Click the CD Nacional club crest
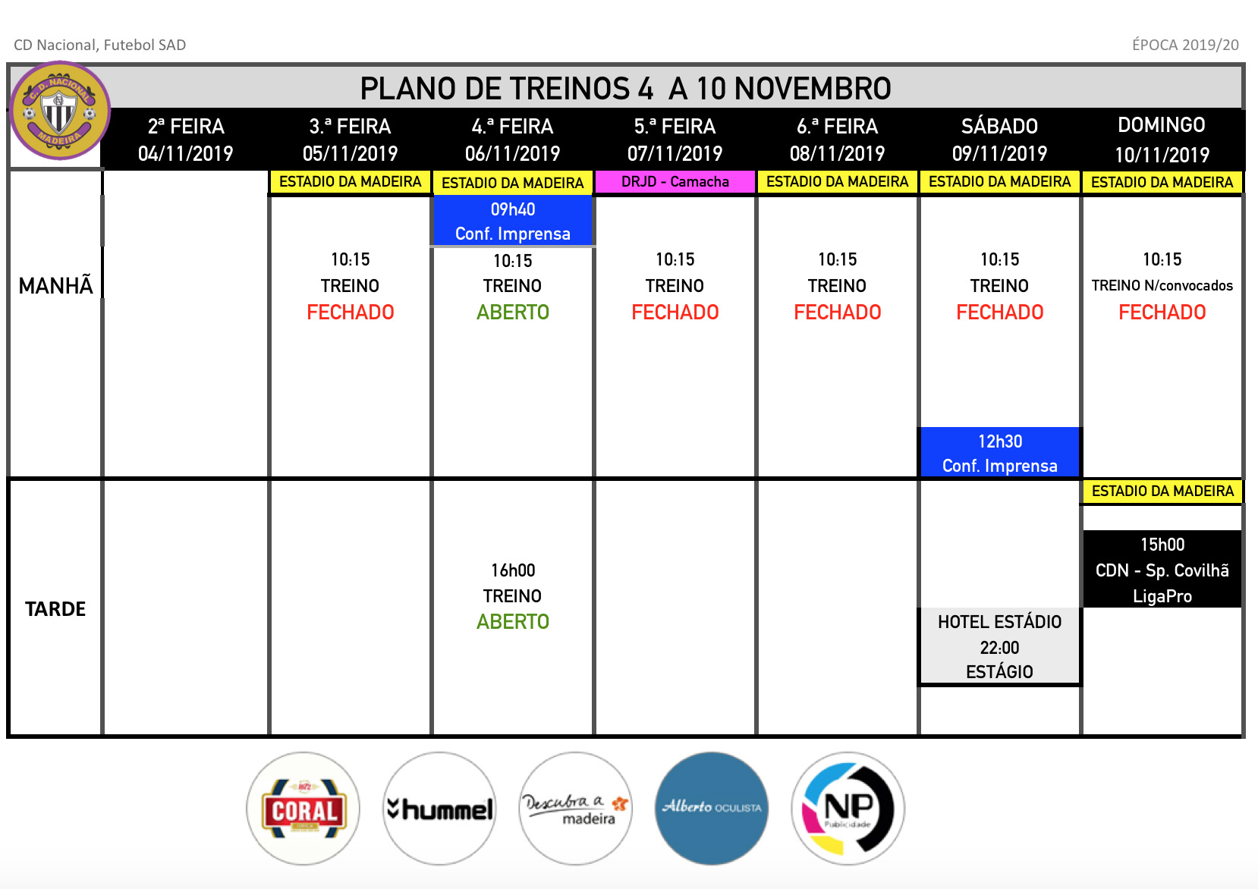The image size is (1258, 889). click(x=59, y=111)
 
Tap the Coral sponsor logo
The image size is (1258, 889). click(x=303, y=809)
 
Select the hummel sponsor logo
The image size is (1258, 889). click(x=440, y=809)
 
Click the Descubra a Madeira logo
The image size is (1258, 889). click(x=576, y=809)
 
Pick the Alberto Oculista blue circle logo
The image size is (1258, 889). click(x=712, y=809)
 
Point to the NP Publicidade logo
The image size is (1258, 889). click(x=848, y=809)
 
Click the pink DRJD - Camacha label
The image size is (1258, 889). click(x=675, y=182)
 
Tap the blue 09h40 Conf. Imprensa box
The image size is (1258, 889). click(x=512, y=221)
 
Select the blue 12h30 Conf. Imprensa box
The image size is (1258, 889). click(x=1000, y=453)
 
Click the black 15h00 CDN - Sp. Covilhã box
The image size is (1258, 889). click(x=1162, y=570)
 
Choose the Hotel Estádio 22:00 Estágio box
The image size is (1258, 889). click(x=1000, y=646)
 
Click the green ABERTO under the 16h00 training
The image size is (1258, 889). click(x=513, y=622)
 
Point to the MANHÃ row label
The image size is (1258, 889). click(x=55, y=285)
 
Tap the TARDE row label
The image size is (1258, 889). click(x=55, y=609)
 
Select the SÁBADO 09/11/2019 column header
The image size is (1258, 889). click(x=1000, y=140)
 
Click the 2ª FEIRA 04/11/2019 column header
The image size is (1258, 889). click(x=186, y=140)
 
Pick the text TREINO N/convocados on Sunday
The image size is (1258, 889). click(x=1162, y=285)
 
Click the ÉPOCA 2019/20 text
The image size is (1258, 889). click(x=1185, y=45)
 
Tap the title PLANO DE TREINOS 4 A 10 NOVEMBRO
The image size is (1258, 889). click(x=625, y=88)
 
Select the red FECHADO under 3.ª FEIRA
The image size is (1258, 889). click(x=351, y=313)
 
